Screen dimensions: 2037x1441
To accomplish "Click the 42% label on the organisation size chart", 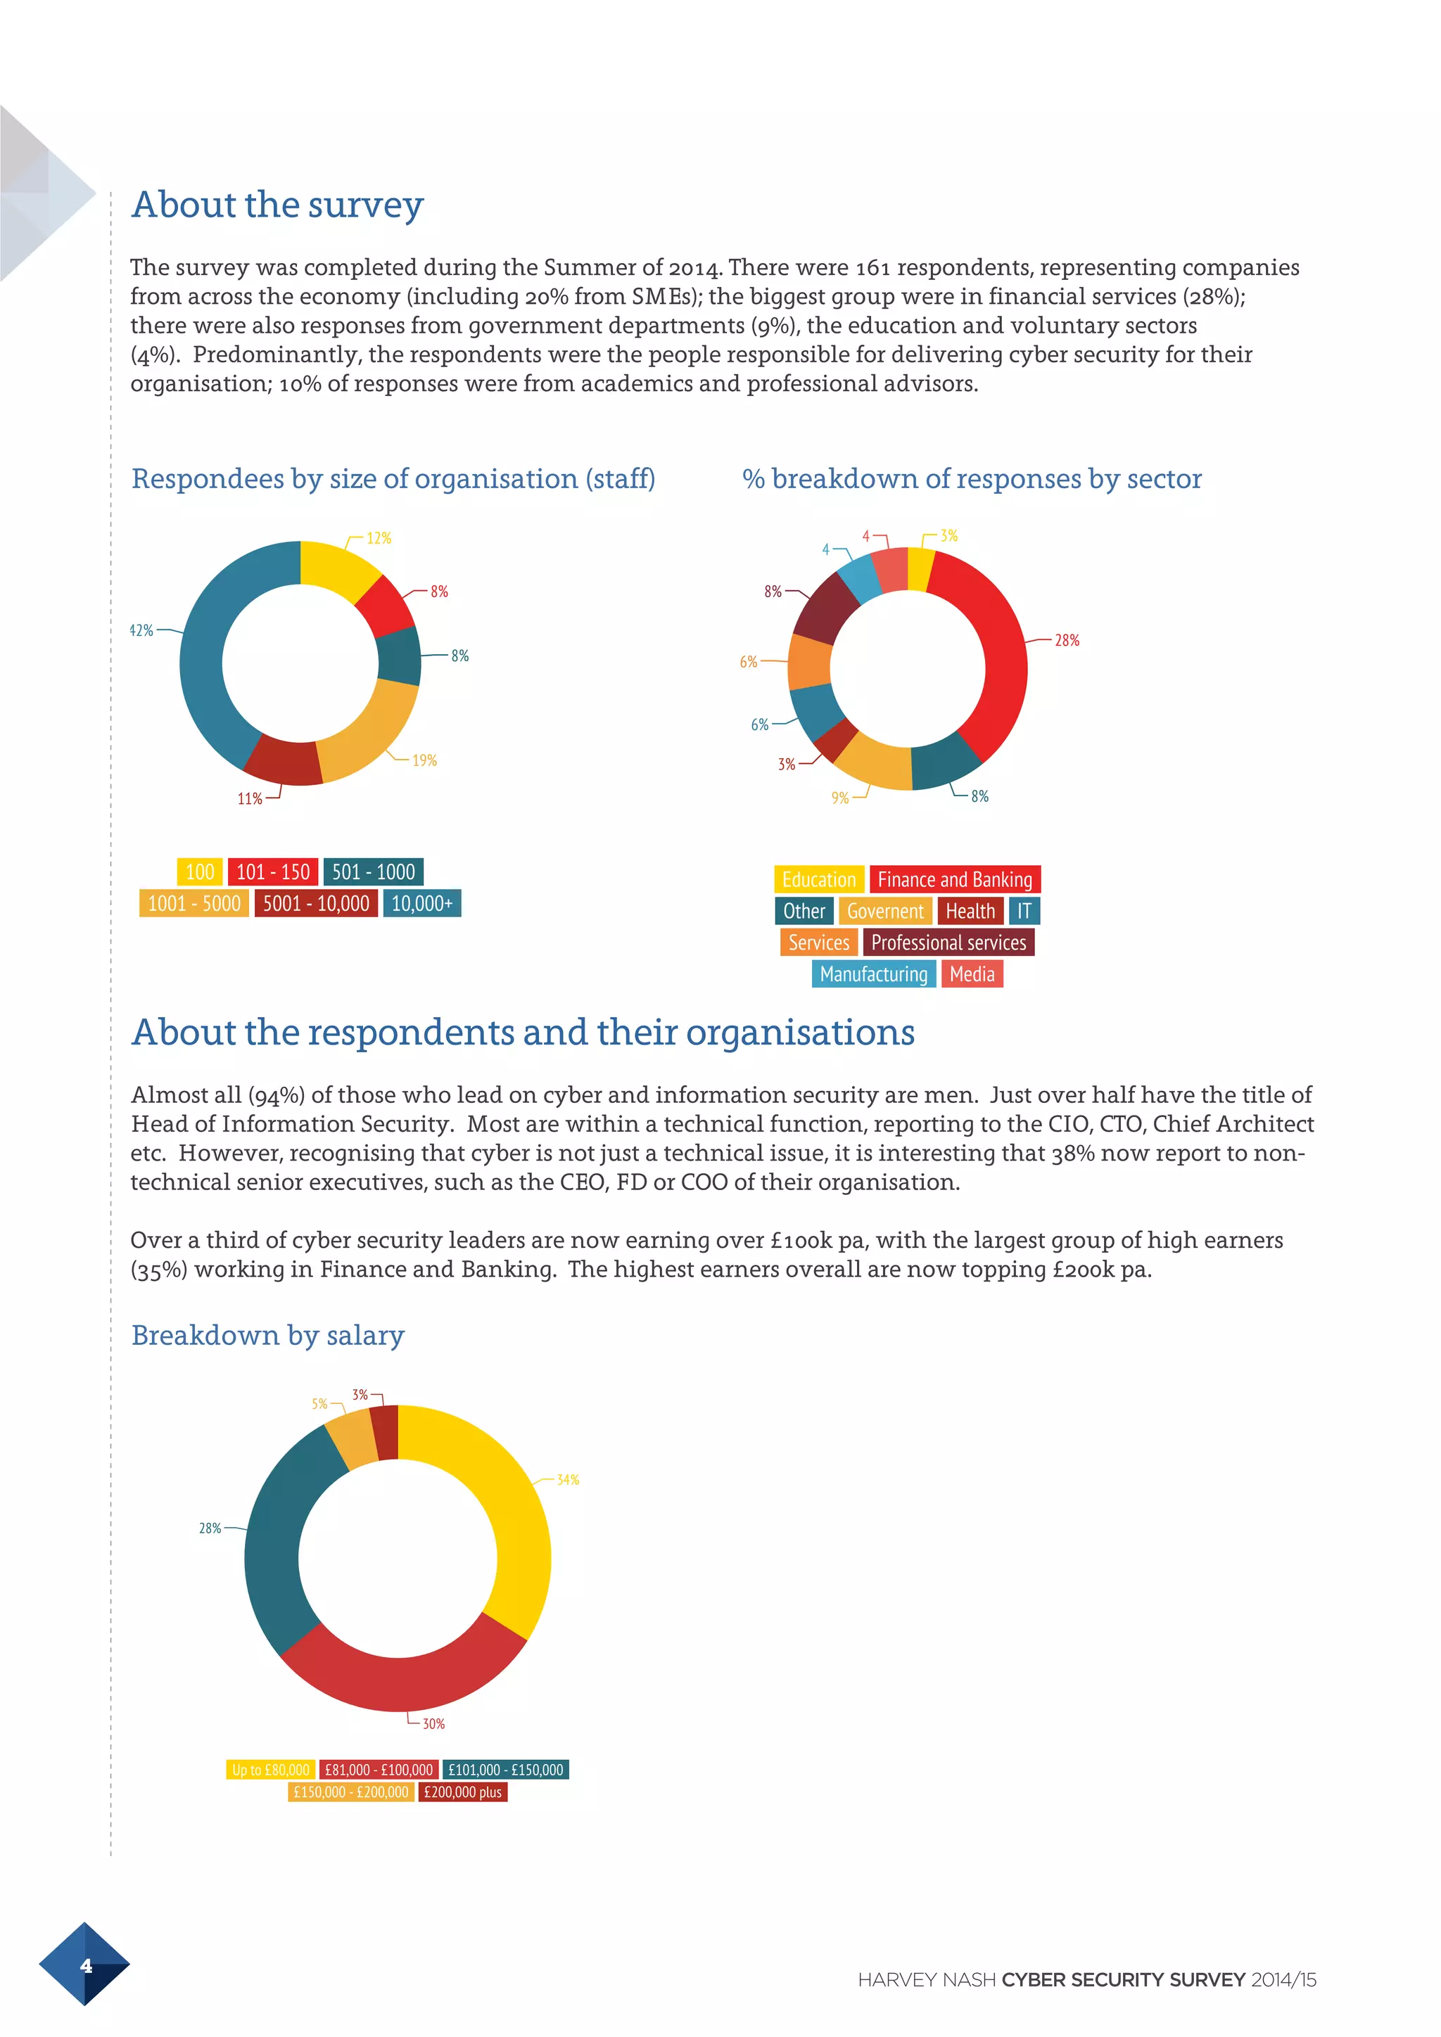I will (x=142, y=630).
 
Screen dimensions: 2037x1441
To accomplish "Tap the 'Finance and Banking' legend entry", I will (x=955, y=879).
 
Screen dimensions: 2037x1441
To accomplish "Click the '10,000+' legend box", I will (x=421, y=903).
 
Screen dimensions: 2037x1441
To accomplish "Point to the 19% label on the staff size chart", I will (x=424, y=760).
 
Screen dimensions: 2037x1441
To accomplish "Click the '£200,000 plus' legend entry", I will (x=462, y=1792).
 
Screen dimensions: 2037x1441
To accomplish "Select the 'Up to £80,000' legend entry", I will (x=271, y=1770).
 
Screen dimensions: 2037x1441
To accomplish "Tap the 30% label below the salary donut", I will (x=433, y=1724).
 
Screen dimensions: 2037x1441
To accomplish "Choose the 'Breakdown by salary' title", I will (x=268, y=1335).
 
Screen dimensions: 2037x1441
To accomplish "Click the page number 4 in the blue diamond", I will (x=85, y=1966).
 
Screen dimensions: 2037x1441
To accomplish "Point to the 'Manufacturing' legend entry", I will (x=873, y=974).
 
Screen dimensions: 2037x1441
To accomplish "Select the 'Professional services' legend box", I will (x=948, y=943).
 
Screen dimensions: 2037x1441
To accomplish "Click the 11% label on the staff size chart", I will (x=249, y=798).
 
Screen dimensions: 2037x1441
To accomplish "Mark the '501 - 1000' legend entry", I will (x=373, y=872).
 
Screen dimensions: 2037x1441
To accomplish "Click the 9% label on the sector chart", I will (x=839, y=798).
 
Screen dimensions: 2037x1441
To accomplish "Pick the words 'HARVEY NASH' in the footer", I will (x=927, y=1980).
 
